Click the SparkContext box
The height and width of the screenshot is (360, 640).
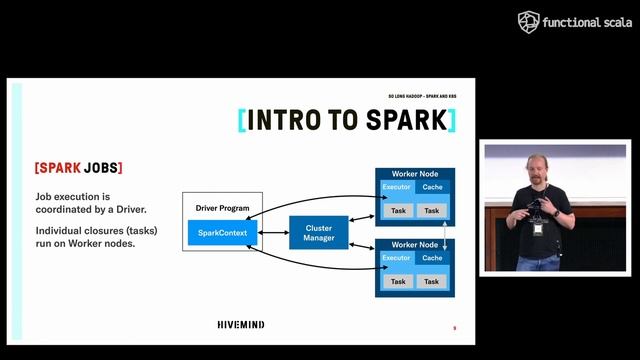click(224, 233)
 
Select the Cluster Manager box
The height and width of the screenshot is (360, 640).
click(319, 233)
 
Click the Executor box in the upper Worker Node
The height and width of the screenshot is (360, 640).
click(397, 187)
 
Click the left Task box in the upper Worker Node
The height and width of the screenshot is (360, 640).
click(398, 211)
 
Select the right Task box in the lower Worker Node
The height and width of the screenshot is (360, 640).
click(432, 282)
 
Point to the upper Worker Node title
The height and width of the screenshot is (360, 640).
click(414, 174)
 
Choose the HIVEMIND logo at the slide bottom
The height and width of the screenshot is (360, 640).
click(247, 325)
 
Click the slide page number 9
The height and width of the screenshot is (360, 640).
click(454, 328)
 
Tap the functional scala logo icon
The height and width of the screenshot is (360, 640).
click(528, 22)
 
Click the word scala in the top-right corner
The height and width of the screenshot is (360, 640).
click(612, 23)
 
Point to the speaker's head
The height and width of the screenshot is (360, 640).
click(538, 169)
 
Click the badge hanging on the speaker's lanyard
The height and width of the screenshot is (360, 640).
click(537, 229)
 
